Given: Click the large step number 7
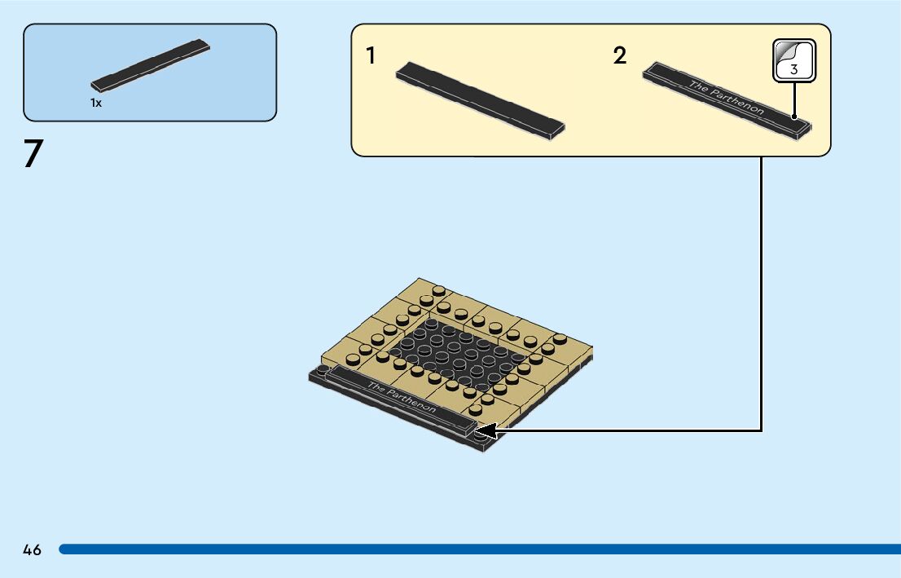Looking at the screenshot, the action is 32,153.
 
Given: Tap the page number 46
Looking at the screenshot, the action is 32,550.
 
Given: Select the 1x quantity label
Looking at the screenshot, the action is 96,104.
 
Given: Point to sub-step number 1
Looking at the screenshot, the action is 371,56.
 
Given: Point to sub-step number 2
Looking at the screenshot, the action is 620,56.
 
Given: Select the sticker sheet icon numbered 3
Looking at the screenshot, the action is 793,60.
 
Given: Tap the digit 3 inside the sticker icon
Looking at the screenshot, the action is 794,70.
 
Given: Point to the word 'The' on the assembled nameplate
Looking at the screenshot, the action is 376,386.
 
